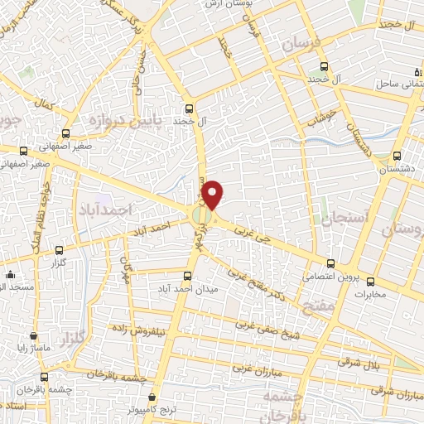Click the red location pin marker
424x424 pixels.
(214, 195)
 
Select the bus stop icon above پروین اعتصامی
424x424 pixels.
(331, 263)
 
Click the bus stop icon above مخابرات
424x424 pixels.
(370, 281)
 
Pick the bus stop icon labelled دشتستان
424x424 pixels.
(397, 156)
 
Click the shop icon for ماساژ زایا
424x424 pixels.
(33, 337)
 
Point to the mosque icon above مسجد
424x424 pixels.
(10, 274)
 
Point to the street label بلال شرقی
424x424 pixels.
(362, 362)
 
